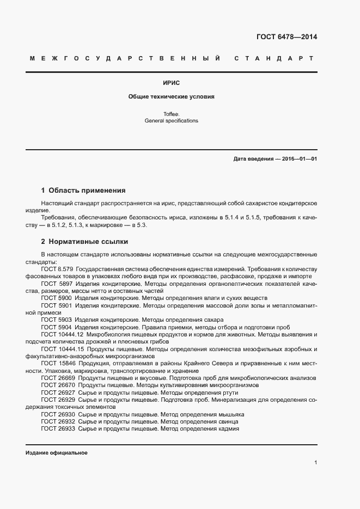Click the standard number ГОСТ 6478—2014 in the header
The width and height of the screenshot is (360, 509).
coord(286,37)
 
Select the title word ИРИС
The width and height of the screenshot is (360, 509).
coord(171,83)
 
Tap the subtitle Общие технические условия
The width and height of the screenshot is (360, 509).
coord(171,96)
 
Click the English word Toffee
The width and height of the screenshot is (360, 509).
coord(171,114)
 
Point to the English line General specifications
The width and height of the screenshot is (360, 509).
coord(171,120)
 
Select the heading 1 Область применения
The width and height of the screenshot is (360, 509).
coord(83,191)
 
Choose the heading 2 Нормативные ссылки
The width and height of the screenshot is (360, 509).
coord(84,241)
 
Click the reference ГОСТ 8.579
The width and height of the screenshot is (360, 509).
coord(57,269)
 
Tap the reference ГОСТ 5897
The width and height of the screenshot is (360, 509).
coord(56,284)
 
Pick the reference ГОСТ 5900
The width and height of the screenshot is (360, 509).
coord(56,298)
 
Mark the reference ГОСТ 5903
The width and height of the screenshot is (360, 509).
coord(56,320)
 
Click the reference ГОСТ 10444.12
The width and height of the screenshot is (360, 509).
coord(62,334)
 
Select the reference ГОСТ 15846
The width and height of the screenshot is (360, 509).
coord(58,363)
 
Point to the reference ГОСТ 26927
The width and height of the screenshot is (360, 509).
coord(58,392)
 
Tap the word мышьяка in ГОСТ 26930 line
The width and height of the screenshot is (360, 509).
coord(230,414)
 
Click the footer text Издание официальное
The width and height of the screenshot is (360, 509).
coord(57,453)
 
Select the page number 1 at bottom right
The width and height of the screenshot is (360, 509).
coord(315,463)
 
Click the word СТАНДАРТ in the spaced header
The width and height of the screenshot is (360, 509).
coord(274,58)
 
